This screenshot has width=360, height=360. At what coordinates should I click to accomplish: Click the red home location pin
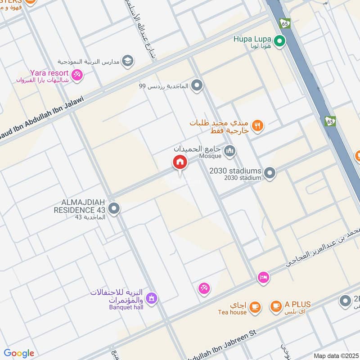point(179,162)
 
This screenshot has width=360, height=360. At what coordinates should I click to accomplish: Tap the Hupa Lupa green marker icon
point(280,42)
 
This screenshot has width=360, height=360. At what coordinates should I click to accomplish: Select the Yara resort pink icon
point(77,76)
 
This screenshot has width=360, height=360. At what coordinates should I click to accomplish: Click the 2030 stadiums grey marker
point(270,173)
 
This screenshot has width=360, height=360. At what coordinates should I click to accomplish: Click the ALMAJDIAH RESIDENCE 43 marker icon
point(114,208)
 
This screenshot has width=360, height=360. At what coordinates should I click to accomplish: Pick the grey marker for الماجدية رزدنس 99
point(197,85)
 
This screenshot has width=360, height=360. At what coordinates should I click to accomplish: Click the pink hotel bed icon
point(264,277)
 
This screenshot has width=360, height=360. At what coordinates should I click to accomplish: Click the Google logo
point(19,353)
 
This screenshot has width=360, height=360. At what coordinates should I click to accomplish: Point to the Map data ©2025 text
point(335,355)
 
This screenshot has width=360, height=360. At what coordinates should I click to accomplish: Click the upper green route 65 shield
point(285,23)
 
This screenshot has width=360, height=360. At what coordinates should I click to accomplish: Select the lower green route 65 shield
point(330,121)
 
